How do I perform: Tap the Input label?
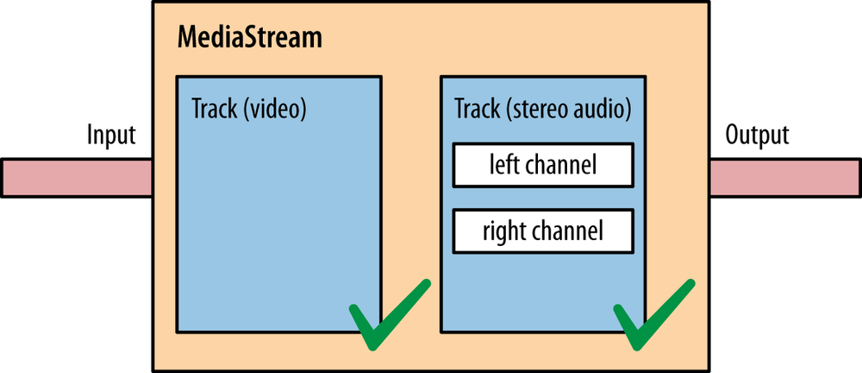pos(111,136)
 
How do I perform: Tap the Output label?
pos(757,136)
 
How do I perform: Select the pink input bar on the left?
pos(77,178)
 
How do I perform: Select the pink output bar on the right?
pos(784,178)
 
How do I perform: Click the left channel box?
pos(542,165)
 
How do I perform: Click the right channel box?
pos(542,231)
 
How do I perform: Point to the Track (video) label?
pos(249,110)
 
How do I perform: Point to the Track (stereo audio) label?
pos(542,110)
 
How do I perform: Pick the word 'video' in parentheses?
pos(277,110)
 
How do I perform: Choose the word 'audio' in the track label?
pos(600,110)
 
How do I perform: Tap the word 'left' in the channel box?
pos(503,165)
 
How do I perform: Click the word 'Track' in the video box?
pos(213,110)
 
